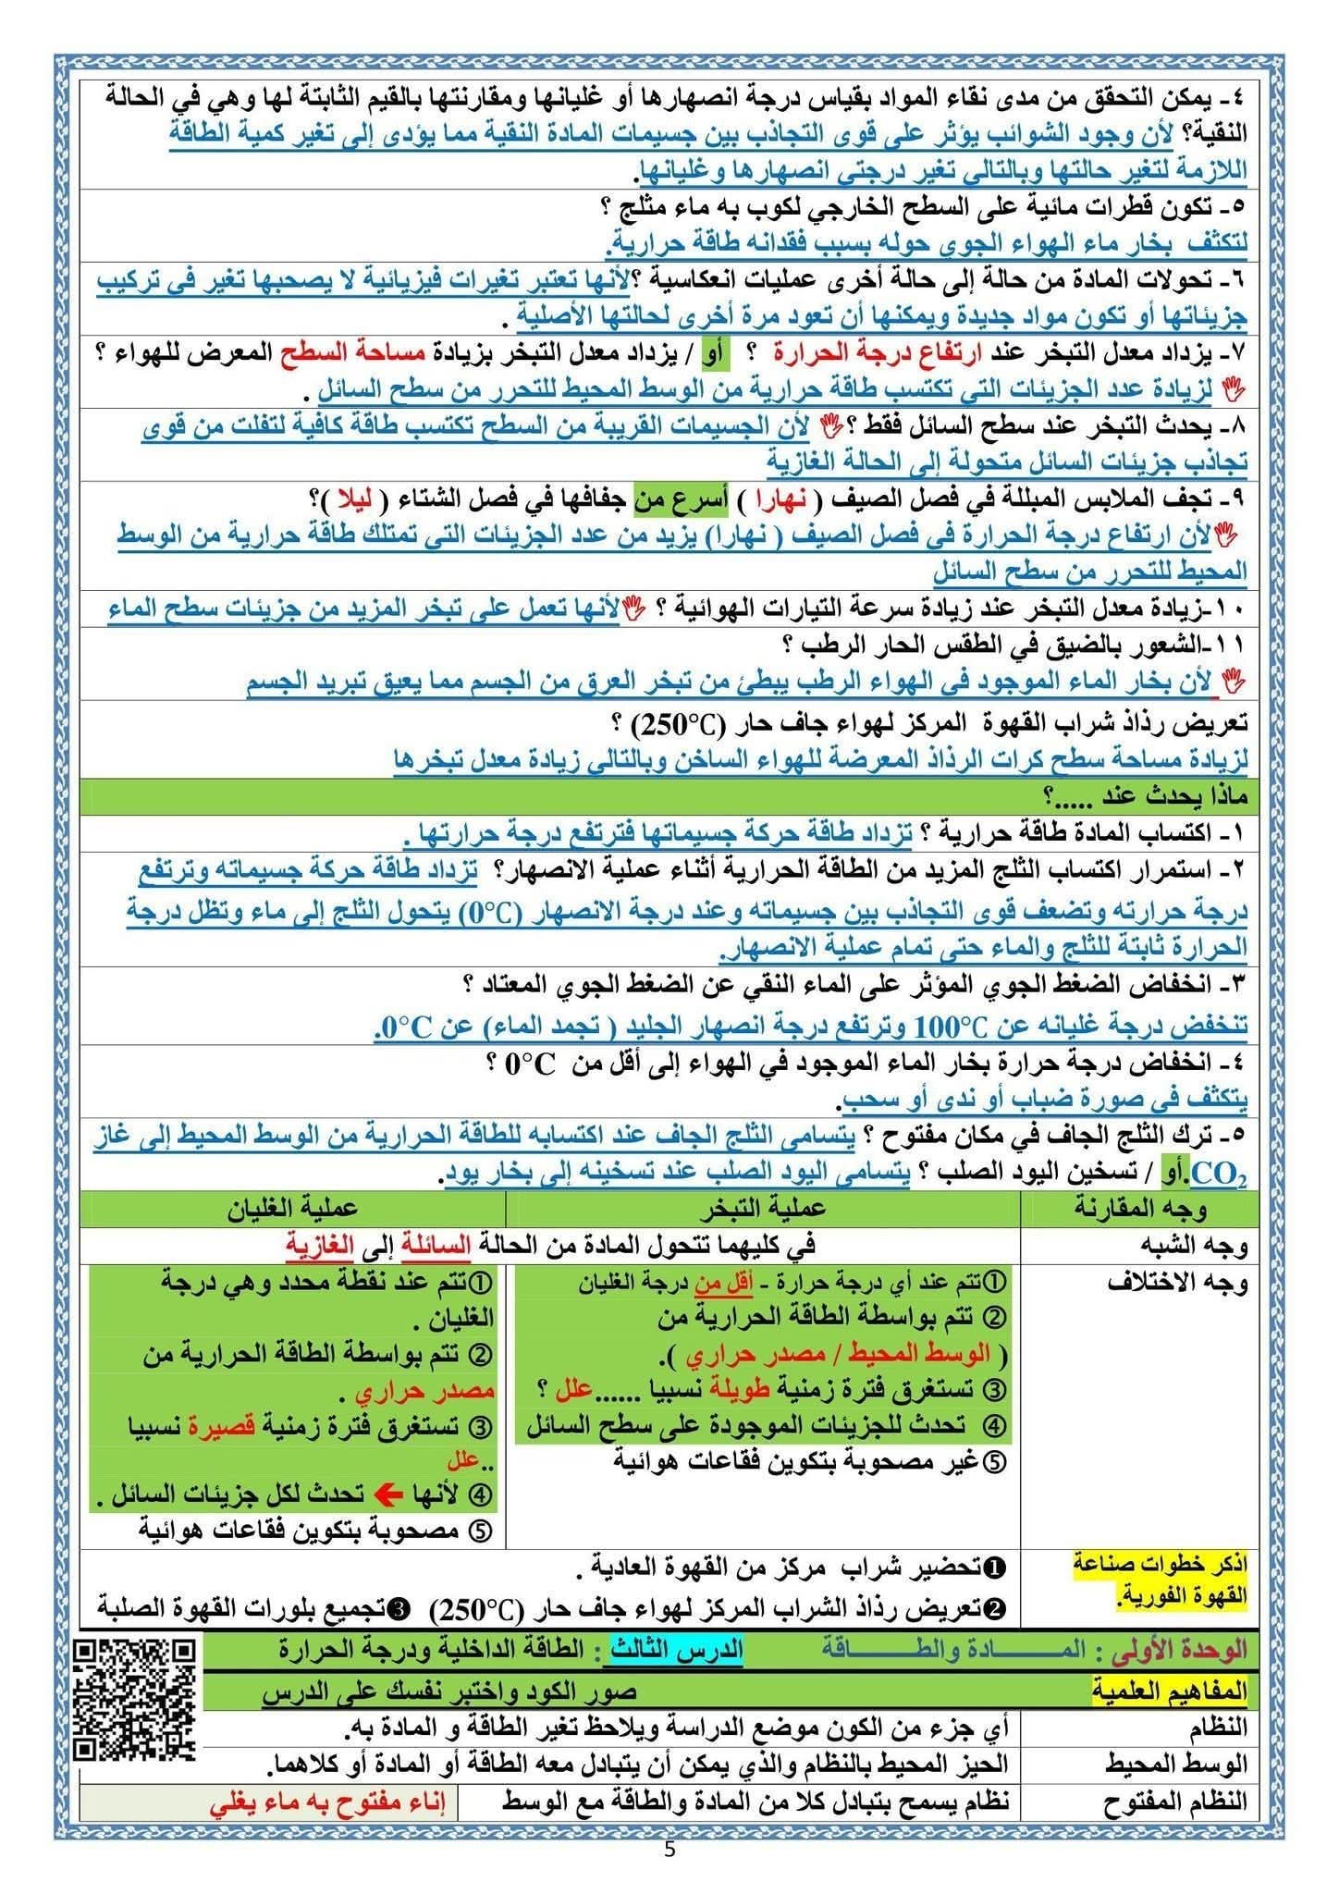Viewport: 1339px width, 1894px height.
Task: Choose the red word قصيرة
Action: coord(219,1427)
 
